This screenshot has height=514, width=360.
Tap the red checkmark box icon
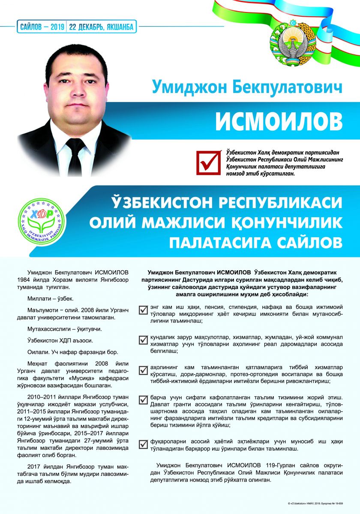point(207,162)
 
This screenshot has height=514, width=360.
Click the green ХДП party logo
point(41,218)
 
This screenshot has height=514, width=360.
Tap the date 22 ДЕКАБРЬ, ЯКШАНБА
point(102,27)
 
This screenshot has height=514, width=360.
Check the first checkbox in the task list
point(144,310)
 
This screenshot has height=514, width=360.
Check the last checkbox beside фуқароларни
point(144,445)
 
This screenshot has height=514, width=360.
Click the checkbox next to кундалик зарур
point(144,340)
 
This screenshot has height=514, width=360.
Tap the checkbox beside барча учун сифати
point(144,400)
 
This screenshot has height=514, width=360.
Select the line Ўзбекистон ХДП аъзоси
point(59,341)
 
